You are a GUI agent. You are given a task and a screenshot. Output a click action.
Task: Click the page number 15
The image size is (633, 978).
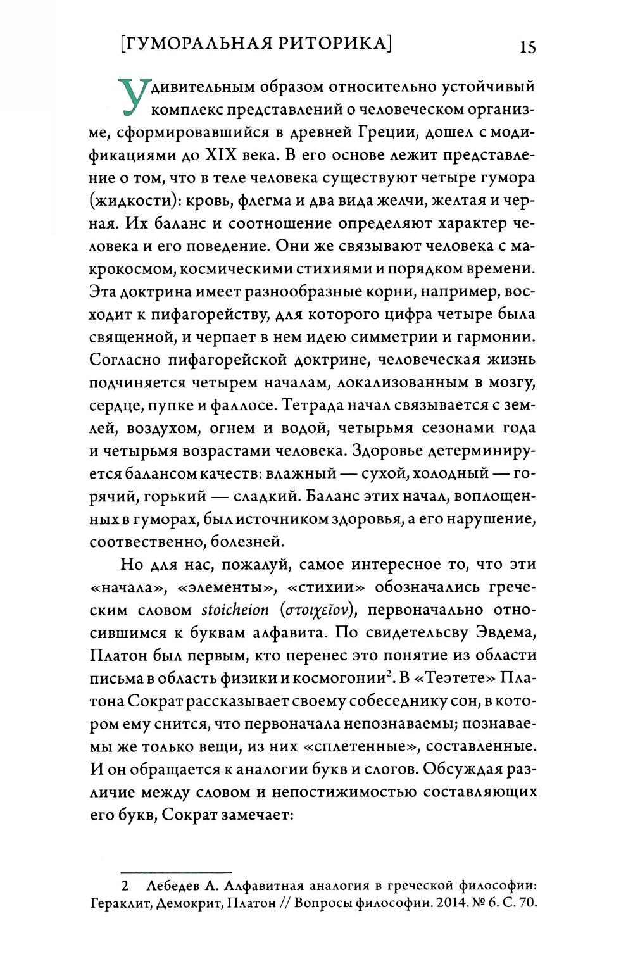pos(527,47)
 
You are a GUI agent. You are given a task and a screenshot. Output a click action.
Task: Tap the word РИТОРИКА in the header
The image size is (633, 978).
pos(336,44)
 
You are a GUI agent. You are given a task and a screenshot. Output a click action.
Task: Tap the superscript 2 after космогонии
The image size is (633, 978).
pos(389,674)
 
